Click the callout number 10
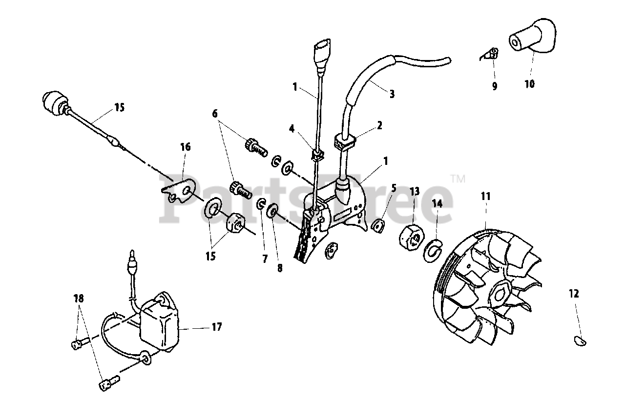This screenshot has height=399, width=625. point(530,83)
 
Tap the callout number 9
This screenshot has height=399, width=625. point(495,86)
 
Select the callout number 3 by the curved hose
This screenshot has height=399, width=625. point(392,94)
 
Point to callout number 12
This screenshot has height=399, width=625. point(574,294)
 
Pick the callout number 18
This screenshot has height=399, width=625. point(79,299)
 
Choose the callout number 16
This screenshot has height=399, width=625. point(186,146)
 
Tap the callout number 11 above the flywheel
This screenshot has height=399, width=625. point(486,196)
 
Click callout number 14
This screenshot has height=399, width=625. point(437,204)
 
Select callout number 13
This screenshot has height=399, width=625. point(415,191)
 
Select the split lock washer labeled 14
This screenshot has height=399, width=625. point(433,250)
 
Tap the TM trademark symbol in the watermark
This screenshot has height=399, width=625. point(458,179)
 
